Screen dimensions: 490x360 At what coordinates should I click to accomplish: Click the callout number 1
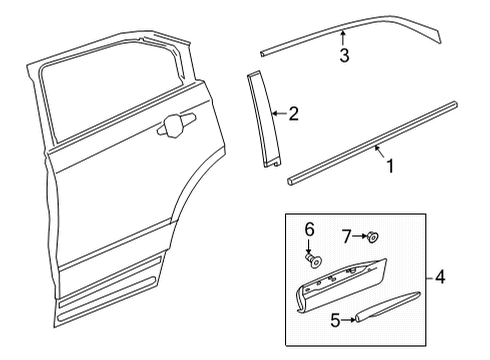[x=390, y=166]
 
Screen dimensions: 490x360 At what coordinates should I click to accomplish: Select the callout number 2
[x=293, y=114]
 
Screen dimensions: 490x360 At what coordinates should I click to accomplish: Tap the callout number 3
[x=344, y=55]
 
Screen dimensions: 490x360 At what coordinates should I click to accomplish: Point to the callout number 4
[x=440, y=277]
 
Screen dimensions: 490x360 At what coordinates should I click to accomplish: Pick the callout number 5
[x=336, y=320]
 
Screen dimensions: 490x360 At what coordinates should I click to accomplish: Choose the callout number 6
[x=310, y=229]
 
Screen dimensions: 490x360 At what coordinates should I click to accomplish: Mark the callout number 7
[x=347, y=237]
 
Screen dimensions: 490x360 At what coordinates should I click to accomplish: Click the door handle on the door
[x=176, y=125]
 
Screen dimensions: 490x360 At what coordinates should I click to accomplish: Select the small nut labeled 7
[x=372, y=237]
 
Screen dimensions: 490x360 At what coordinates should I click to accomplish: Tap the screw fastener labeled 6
[x=313, y=259]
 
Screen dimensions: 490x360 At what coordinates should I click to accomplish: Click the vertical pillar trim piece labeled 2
[x=263, y=119]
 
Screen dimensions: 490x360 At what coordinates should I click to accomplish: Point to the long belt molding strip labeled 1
[x=372, y=143]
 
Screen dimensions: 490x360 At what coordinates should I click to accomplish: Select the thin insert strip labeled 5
[x=387, y=307]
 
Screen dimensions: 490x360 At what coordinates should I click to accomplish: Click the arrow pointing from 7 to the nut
[x=359, y=236]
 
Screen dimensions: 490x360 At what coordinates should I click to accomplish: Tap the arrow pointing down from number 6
[x=309, y=246]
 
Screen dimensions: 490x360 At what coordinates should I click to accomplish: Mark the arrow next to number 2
[x=279, y=114]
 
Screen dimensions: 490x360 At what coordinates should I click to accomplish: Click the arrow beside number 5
[x=348, y=320]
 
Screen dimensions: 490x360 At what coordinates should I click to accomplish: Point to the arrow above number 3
[x=343, y=38]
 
